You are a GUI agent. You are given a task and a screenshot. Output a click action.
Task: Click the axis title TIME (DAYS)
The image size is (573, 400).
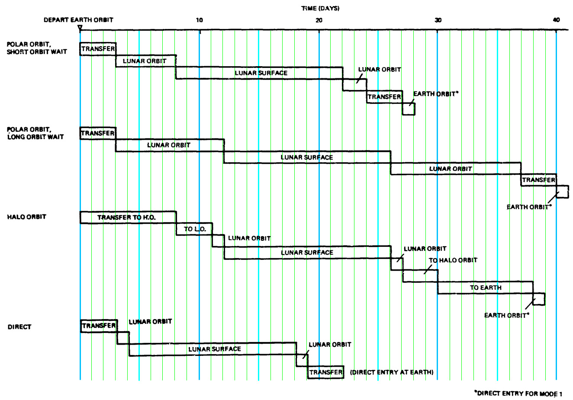tap(321, 9)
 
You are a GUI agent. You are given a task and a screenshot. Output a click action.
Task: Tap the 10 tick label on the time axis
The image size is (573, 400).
tap(199, 20)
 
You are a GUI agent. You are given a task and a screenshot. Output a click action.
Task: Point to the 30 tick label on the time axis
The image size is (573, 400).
tap(438, 20)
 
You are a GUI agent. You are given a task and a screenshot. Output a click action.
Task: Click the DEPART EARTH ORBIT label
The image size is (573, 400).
tap(78, 20)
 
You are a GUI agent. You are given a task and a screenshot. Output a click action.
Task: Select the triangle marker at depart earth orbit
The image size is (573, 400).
tap(80, 28)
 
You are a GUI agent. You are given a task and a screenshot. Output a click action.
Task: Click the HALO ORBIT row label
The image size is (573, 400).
tap(26, 217)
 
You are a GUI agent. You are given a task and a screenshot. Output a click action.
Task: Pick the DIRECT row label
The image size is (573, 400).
tap(19, 327)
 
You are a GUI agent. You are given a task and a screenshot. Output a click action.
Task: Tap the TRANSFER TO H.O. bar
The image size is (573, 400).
tap(128, 218)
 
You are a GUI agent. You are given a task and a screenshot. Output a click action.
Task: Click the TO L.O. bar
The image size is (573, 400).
tap(194, 229)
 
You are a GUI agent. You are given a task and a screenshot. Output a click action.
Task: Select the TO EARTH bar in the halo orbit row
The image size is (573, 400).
tap(485, 288)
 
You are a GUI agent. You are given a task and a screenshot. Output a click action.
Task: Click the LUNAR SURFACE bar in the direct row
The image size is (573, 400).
tap(213, 349)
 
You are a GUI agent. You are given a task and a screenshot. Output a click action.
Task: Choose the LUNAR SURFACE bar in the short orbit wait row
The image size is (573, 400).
tap(259, 73)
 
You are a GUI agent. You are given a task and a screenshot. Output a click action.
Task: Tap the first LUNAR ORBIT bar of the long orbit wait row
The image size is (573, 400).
tap(170, 145)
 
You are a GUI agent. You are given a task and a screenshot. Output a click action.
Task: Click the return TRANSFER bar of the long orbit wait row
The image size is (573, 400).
tap(539, 180)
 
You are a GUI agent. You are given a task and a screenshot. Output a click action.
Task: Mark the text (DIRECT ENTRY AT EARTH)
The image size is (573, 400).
tap(392, 372)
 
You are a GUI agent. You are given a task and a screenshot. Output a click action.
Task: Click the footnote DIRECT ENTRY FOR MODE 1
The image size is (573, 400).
tap(518, 394)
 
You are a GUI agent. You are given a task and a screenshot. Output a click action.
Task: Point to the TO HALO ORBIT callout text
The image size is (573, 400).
tap(453, 260)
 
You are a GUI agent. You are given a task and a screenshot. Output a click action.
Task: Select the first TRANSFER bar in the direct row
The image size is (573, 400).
tap(99, 326)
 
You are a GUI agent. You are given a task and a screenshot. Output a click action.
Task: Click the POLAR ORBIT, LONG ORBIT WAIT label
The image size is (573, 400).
tap(35, 133)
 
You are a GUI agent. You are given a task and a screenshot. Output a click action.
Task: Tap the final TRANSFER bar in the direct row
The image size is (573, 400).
tap(325, 372)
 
